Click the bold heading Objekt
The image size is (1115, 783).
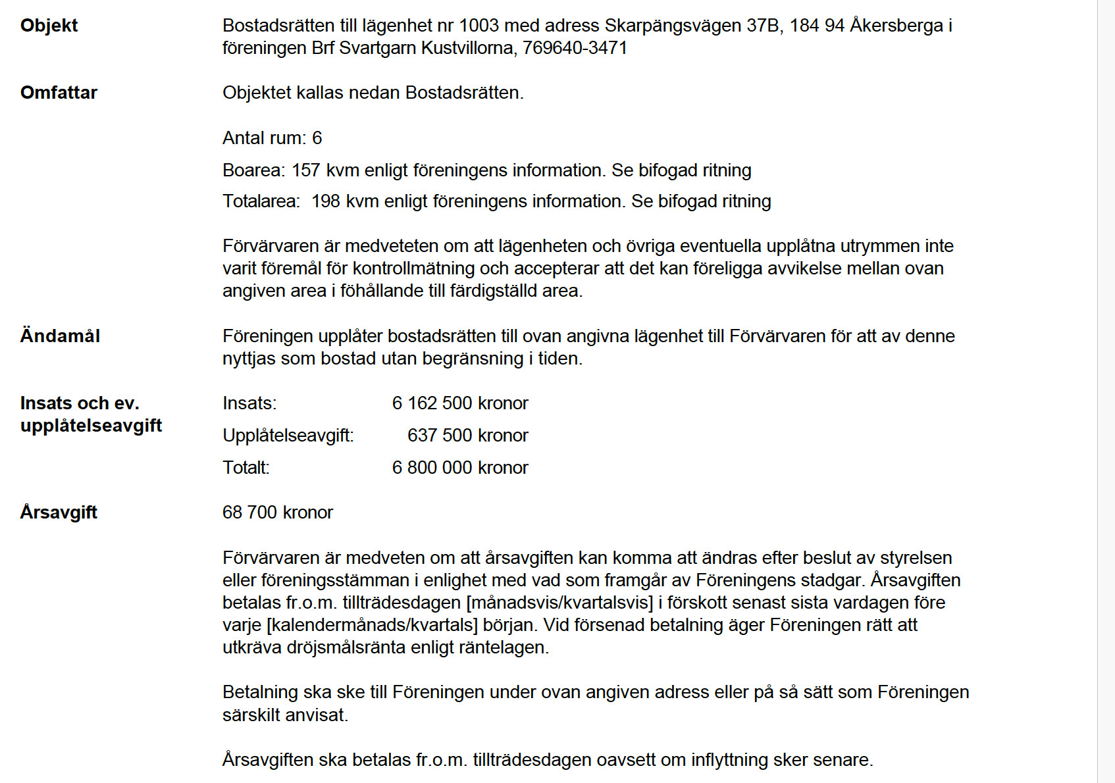click(x=49, y=26)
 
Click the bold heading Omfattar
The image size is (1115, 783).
click(x=59, y=93)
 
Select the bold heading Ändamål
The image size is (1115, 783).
click(x=60, y=336)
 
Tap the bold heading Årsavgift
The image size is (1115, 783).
click(x=59, y=513)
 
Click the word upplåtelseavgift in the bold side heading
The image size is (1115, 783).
click(x=91, y=426)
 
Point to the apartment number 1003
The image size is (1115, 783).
click(x=479, y=26)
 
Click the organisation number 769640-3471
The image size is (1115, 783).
click(x=575, y=48)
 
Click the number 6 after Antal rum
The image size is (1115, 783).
click(x=317, y=138)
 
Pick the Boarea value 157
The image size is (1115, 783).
click(x=305, y=170)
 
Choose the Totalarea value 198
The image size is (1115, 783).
click(x=325, y=201)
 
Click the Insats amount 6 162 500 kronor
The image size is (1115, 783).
click(x=460, y=403)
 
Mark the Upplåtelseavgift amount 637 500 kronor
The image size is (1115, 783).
click(x=467, y=436)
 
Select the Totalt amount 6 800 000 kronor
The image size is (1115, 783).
click(x=460, y=468)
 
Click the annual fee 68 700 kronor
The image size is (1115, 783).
click(x=278, y=513)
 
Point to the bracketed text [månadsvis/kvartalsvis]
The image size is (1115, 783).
click(x=559, y=603)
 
